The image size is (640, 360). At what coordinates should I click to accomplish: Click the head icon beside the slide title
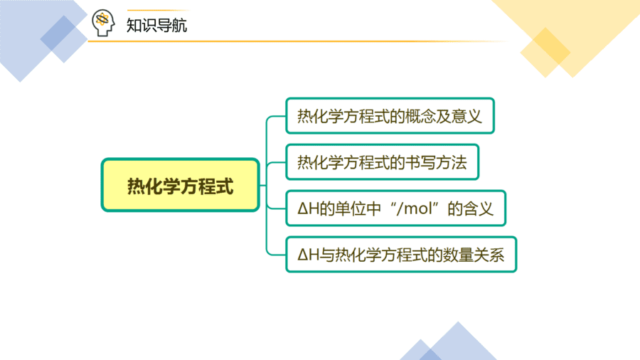point(103,23)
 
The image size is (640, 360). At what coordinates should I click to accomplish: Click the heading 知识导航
point(156,26)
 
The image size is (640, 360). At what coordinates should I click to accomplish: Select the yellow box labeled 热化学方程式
point(181,185)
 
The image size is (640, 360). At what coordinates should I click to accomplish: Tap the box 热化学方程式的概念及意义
point(390,116)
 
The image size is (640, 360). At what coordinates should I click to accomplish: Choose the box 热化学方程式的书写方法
point(383,162)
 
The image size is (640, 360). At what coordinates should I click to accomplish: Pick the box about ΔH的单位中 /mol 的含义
point(396,208)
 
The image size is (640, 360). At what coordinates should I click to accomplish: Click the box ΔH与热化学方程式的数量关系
point(401,254)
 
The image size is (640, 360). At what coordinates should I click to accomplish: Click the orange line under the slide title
point(298,41)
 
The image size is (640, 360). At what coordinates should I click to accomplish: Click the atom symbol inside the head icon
point(102,19)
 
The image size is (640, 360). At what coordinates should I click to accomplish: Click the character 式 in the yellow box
point(225,186)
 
